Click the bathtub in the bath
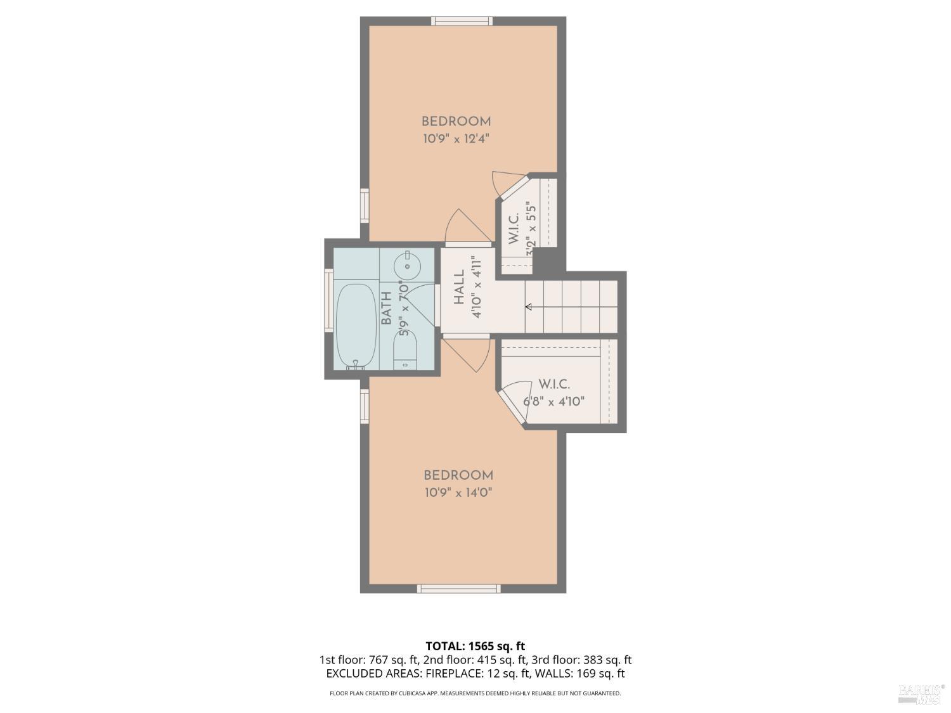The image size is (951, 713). tap(356, 326)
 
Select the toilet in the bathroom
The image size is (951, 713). tap(405, 350)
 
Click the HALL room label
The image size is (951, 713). tap(459, 287)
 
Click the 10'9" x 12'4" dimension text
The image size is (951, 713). tap(456, 138)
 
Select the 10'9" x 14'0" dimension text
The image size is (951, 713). tap(458, 492)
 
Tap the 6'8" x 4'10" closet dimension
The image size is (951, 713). tap(553, 401)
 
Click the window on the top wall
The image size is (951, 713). tap(462, 21)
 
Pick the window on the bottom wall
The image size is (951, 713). tap(458, 589)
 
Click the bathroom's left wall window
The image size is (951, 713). tap(328, 300)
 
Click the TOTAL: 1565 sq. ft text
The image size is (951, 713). tap(475, 646)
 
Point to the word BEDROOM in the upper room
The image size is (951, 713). tap(456, 121)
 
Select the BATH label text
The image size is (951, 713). tap(386, 309)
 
